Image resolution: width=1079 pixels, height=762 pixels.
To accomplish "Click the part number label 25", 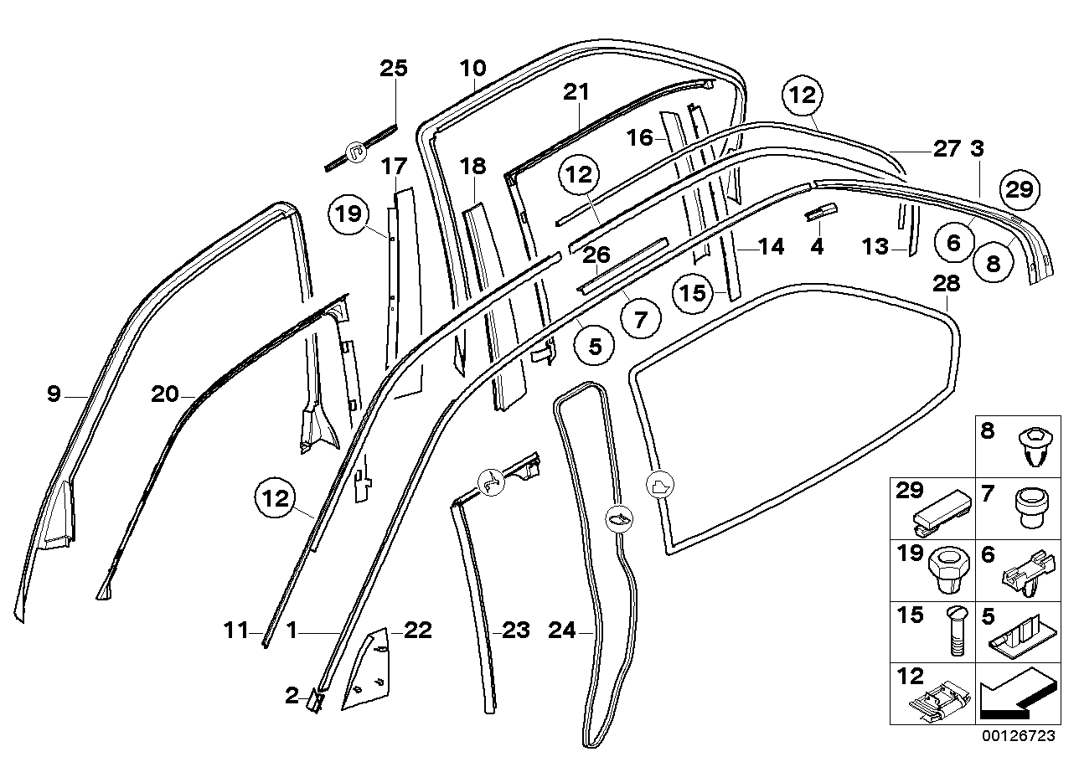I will (x=394, y=68).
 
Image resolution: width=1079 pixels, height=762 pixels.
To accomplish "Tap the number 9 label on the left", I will (x=54, y=394).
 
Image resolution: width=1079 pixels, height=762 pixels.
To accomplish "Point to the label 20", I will (x=166, y=394).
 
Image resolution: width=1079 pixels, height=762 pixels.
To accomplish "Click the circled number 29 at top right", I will (x=1020, y=189).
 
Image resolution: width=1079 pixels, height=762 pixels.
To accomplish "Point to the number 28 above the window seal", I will (x=946, y=284).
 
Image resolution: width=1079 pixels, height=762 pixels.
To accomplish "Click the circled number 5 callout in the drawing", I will (x=595, y=346).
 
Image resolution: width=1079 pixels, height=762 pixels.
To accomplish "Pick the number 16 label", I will (x=639, y=137).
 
